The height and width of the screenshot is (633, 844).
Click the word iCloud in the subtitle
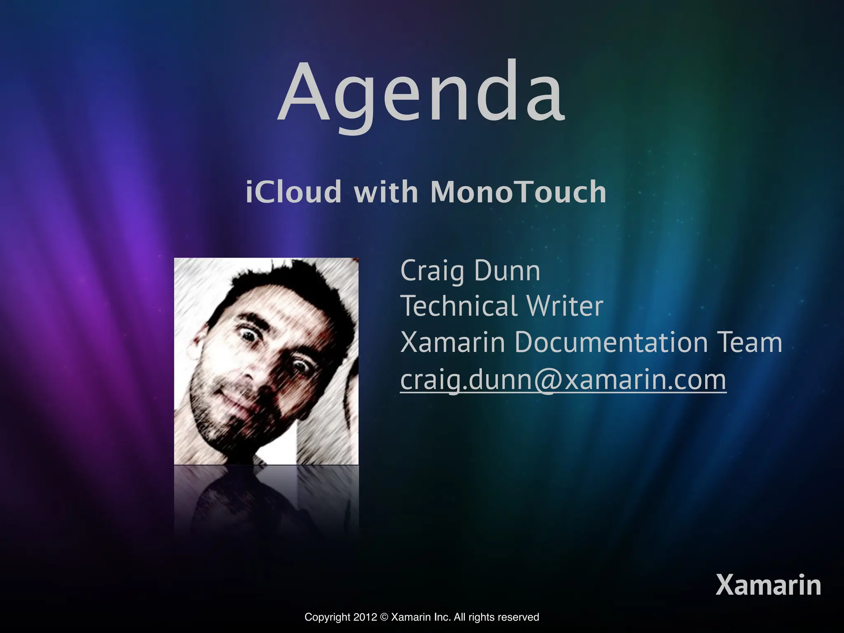[293, 192]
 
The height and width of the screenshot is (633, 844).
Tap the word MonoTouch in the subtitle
[518, 192]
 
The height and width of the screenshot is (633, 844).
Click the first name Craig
[432, 272]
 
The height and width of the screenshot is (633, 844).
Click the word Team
[749, 342]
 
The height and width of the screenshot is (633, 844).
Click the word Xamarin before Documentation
[452, 342]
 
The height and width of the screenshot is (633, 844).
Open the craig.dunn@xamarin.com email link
[563, 380]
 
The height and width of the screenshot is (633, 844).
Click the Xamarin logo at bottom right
[768, 585]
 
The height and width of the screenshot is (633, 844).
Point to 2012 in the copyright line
[368, 617]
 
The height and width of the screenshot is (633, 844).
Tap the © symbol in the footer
[384, 617]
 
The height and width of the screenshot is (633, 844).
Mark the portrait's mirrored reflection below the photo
[266, 499]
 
